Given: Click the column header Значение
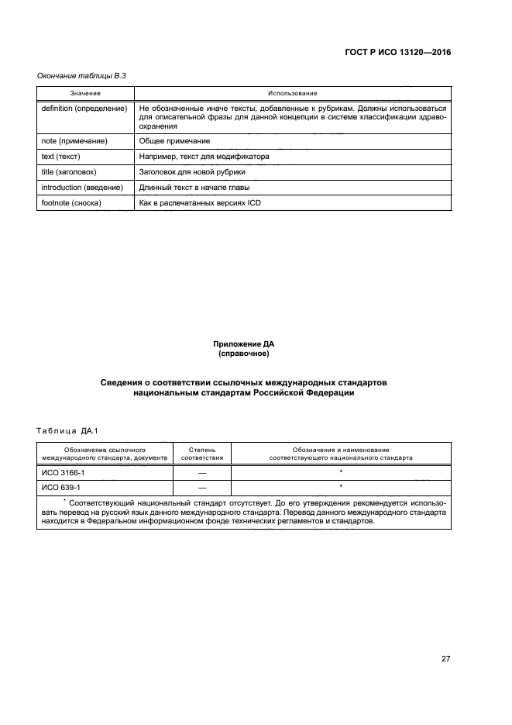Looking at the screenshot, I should pyautogui.click(x=85, y=93).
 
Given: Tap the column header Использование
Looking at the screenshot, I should pyautogui.click(x=292, y=93).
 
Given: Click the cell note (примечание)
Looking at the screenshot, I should pyautogui.click(x=74, y=141).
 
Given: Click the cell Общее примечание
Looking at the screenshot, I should pyautogui.click(x=174, y=141).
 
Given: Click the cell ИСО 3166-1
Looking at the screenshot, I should pyautogui.click(x=61, y=471).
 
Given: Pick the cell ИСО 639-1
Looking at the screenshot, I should pyautogui.click(x=59, y=487).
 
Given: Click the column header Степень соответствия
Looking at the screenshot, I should pyautogui.click(x=202, y=454).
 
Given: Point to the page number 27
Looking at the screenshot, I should pyautogui.click(x=445, y=659).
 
